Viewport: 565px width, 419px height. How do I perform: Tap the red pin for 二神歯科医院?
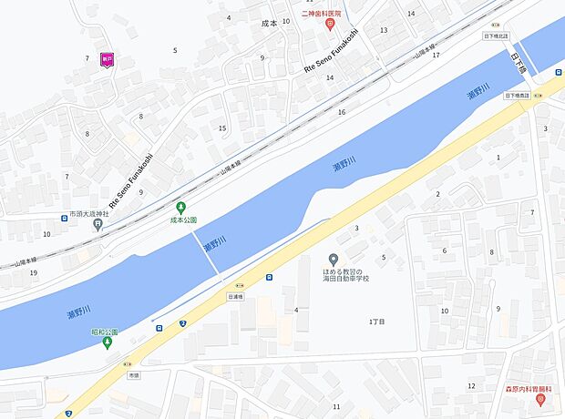(332, 26)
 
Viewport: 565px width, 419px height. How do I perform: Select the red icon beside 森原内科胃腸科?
(540, 399)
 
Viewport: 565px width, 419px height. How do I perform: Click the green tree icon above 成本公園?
(180, 208)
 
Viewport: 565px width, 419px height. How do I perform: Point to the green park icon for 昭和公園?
(108, 343)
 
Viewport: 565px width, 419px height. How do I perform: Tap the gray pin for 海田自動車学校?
(333, 260)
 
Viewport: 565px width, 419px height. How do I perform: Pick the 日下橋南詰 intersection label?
(516, 95)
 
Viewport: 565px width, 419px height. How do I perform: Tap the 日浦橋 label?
(236, 297)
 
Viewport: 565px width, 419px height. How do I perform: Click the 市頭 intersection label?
(134, 375)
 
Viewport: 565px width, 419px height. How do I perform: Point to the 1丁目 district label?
(377, 322)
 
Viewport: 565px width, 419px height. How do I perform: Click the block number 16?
(342, 112)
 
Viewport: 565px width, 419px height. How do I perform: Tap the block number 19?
(33, 272)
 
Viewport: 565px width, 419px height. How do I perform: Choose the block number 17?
(436, 56)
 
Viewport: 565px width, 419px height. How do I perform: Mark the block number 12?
(471, 385)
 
